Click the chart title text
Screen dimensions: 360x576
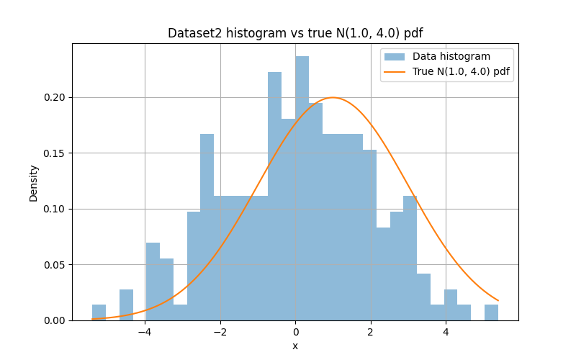coord(295,33)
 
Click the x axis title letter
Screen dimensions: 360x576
coord(295,346)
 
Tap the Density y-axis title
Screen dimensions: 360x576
coord(34,182)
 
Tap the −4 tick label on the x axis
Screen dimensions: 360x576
coord(145,332)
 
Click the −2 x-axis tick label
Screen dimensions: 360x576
coord(220,332)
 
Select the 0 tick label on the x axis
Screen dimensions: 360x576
coord(295,332)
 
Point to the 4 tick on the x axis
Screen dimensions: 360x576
coord(446,332)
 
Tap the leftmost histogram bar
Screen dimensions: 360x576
coord(99,312)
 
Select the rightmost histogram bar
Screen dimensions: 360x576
coord(491,312)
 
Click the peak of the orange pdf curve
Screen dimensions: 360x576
coord(333,97)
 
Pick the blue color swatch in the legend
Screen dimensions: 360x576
coord(395,57)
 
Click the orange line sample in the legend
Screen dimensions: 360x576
coord(395,71)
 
